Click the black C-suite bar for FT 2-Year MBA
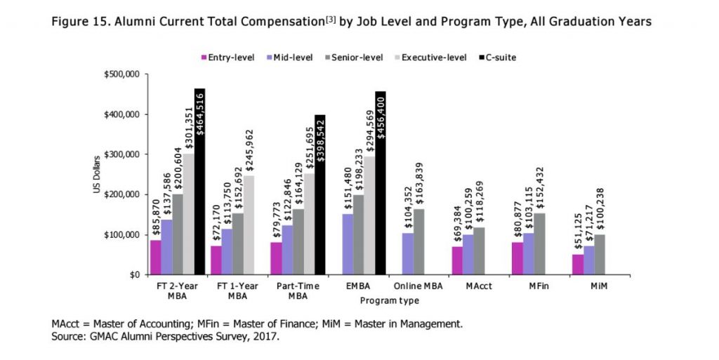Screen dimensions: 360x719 coord(199,182)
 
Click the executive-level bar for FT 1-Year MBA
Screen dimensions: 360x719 coord(249,225)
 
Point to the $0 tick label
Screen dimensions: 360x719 coord(133,275)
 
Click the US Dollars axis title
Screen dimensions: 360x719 coord(98,175)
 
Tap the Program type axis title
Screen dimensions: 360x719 coord(389,301)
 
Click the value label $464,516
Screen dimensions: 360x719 coord(199,114)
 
